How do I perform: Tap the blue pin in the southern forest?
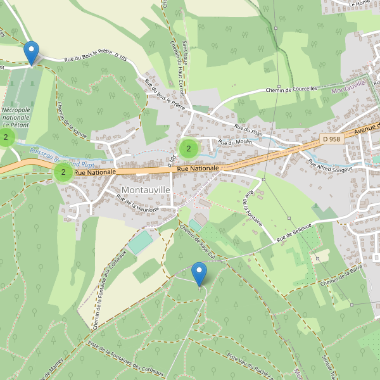(199, 274)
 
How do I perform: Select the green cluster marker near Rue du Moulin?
(188, 149)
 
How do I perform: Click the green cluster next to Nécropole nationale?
(7, 137)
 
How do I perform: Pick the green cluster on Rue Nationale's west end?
(63, 172)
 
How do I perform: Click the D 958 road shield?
(331, 139)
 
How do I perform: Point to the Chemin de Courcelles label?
(291, 89)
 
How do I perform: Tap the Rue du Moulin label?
(235, 142)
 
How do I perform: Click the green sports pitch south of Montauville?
(141, 243)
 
